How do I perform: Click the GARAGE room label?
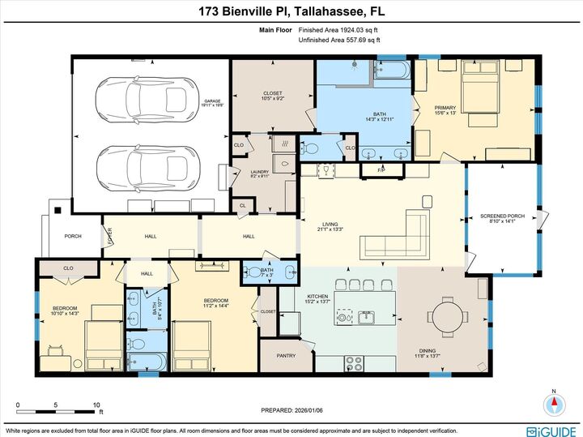(x=211, y=104)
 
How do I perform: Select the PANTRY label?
(x=287, y=354)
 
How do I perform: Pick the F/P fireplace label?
(x=382, y=170)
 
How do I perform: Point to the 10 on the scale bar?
(x=96, y=405)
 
